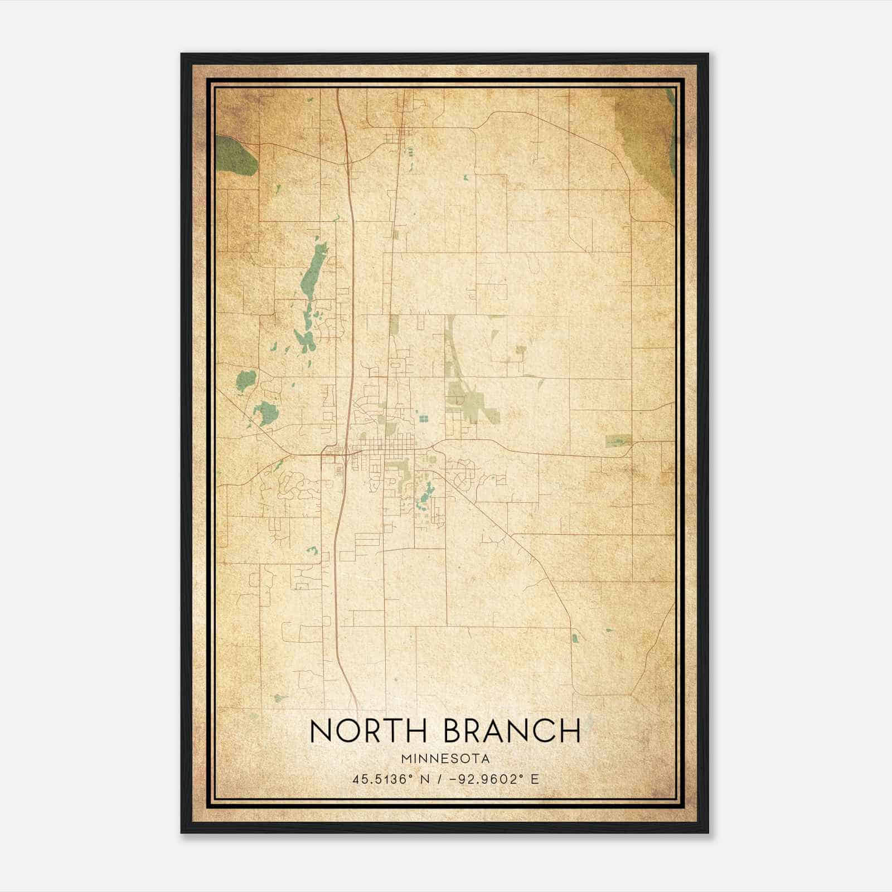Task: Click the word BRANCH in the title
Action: click(512, 731)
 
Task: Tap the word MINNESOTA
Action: click(445, 759)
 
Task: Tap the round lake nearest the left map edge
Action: click(245, 381)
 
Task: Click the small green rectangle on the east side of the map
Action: click(618, 440)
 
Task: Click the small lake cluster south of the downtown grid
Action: click(426, 493)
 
